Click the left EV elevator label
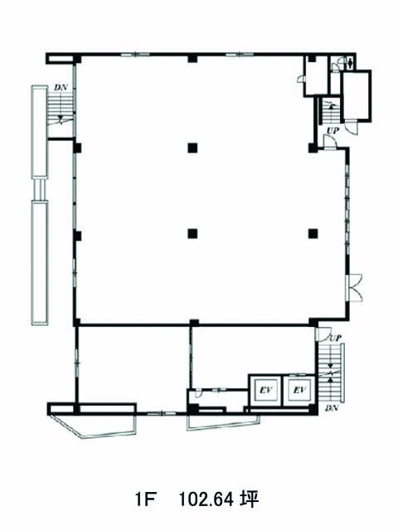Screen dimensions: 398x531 266,390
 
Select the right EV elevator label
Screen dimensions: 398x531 299,390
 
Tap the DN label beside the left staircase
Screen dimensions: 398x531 61,87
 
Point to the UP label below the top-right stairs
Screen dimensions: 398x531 333,130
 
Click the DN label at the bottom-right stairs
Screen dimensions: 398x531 332,408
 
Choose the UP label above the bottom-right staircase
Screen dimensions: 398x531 335,338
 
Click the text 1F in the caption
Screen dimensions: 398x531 145,499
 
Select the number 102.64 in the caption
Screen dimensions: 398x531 206,499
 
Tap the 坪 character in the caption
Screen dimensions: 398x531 250,499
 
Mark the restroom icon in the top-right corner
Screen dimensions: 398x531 350,63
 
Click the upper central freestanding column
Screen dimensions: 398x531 192,148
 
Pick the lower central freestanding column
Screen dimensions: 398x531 192,233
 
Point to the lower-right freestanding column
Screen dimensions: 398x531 313,233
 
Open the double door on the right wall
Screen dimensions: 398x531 356,288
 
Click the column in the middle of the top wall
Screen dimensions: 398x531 192,58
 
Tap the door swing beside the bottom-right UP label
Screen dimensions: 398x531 322,334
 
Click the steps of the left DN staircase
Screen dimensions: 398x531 61,108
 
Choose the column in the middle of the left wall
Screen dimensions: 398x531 78,236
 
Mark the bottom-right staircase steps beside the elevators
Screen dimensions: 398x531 330,373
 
